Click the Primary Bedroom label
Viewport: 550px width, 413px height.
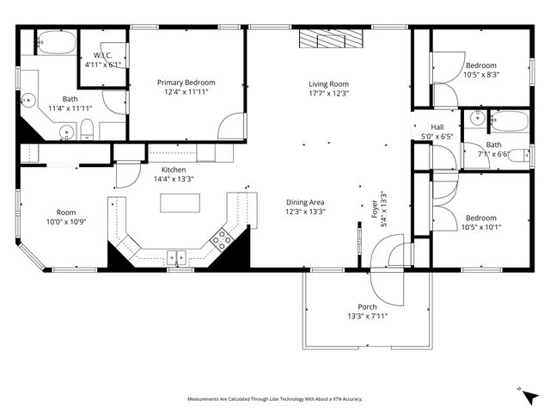[186, 83]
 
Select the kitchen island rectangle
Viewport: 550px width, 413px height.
[180, 203]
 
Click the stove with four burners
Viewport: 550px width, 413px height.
[222, 238]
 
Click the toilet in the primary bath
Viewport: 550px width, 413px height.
[86, 132]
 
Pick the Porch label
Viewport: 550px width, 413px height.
[367, 307]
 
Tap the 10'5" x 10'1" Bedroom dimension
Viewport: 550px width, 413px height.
[480, 228]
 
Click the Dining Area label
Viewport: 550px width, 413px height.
[305, 202]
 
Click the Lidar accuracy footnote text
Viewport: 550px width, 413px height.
[275, 399]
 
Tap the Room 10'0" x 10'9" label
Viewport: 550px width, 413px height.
[66, 213]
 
